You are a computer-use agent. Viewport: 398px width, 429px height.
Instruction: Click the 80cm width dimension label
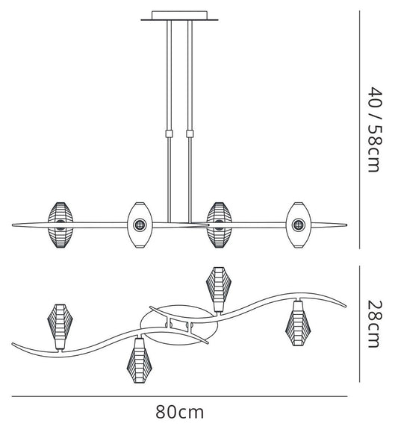click(x=180, y=412)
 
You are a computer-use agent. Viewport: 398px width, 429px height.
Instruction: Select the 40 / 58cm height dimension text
click(x=374, y=130)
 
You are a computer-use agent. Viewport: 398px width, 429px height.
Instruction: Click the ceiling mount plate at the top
click(x=179, y=16)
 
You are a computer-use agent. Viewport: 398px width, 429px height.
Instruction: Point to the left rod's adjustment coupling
click(x=170, y=134)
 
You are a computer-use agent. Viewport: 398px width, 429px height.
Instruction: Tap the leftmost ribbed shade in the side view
click(x=60, y=225)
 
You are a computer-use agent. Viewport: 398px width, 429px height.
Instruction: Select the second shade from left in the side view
click(x=140, y=225)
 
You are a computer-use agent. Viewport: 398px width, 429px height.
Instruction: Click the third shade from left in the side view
click(x=219, y=225)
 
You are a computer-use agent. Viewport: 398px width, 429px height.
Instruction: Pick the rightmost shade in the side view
click(x=299, y=225)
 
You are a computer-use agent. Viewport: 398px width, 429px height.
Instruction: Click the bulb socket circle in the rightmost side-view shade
click(x=299, y=225)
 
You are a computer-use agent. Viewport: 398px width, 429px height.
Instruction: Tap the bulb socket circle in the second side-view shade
click(x=140, y=225)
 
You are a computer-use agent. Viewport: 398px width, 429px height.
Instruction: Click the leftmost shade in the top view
click(x=60, y=326)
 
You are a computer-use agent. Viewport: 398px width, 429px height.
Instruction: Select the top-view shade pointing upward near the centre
click(x=219, y=289)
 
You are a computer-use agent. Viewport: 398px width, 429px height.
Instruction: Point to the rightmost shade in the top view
click(x=298, y=323)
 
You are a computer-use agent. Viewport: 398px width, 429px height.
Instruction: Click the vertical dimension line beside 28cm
click(x=359, y=323)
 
